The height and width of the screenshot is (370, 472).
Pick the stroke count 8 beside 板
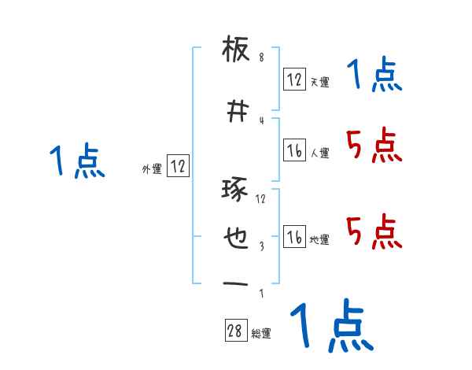(x=261, y=57)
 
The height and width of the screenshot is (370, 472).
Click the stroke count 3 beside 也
(x=261, y=246)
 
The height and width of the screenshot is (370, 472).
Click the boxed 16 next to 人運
(x=294, y=150)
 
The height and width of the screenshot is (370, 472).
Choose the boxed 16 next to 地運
(x=294, y=237)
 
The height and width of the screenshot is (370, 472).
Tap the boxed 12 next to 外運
(x=178, y=166)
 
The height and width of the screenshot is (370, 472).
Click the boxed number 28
(x=235, y=331)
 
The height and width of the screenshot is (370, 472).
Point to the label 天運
(x=319, y=82)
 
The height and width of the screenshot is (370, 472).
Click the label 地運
(x=319, y=240)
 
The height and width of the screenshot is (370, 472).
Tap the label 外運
(x=152, y=169)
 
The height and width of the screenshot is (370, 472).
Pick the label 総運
(x=261, y=334)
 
